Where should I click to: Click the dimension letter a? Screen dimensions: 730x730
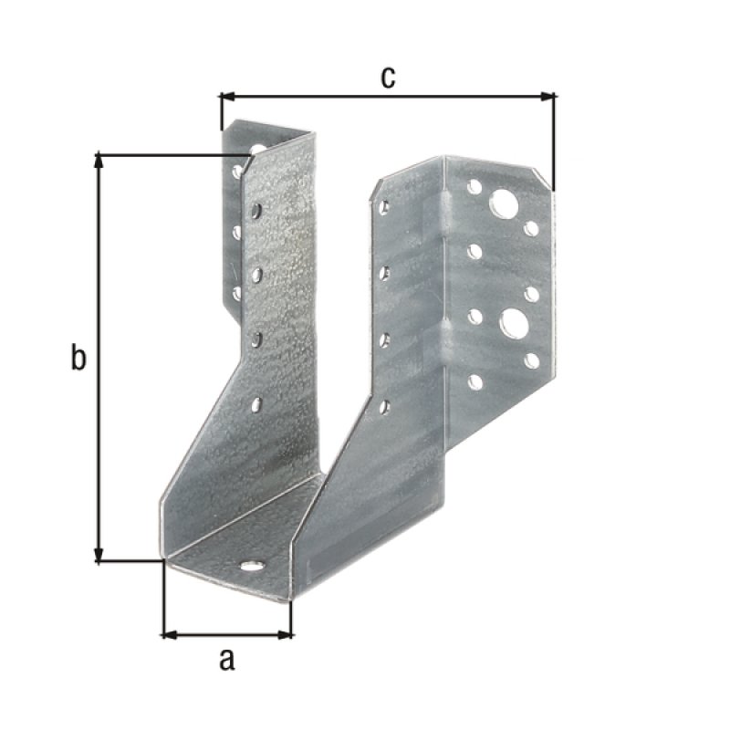click(x=226, y=659)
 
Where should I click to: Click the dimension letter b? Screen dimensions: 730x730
click(x=79, y=359)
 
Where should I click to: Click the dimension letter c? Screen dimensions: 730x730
click(x=388, y=78)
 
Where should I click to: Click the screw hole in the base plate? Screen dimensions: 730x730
click(x=253, y=566)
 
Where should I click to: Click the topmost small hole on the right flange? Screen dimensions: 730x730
click(x=474, y=186)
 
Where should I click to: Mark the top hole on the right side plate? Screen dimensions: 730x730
click(x=384, y=207)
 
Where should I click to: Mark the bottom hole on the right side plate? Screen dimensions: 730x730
click(x=384, y=406)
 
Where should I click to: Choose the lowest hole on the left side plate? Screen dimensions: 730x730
click(x=256, y=404)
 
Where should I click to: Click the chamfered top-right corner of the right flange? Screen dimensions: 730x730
click(x=544, y=179)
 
